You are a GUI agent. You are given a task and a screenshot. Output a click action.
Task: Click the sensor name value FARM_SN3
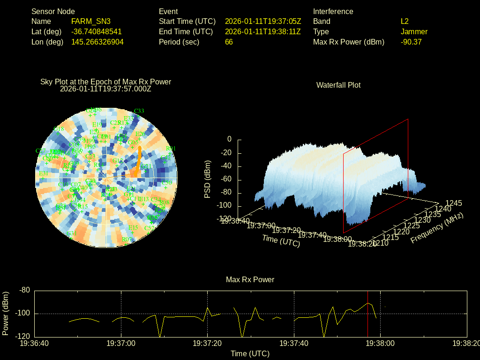point(91,21)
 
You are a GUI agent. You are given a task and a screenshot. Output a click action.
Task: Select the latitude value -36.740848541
point(96,31)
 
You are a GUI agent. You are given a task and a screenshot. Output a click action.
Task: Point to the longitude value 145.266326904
point(97,42)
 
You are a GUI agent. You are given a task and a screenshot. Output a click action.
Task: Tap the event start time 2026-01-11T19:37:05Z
point(263,21)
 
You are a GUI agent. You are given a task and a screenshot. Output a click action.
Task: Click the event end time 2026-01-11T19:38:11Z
point(263,31)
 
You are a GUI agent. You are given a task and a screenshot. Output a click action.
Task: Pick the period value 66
point(229,42)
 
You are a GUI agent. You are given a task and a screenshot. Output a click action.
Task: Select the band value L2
point(405,21)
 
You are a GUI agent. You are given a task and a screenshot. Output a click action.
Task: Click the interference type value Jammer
point(414,31)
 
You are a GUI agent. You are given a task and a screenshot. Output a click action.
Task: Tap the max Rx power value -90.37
point(411,42)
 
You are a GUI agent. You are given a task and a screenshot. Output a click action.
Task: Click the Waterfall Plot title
point(338,85)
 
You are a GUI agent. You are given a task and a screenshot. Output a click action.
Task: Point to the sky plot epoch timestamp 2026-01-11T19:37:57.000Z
point(106,88)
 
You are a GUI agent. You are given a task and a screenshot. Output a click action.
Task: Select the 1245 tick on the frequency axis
point(454,203)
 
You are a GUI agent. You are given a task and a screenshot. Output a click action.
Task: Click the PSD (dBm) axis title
point(208,179)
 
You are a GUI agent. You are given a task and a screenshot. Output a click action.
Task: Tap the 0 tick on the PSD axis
point(229,139)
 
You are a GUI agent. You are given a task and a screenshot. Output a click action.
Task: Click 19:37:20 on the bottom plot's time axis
point(208,343)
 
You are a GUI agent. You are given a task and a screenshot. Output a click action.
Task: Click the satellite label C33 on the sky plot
point(139,111)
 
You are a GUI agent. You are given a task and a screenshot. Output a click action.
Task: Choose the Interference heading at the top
point(333,11)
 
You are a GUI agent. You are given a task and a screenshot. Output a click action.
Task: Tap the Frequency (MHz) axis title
point(437,228)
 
